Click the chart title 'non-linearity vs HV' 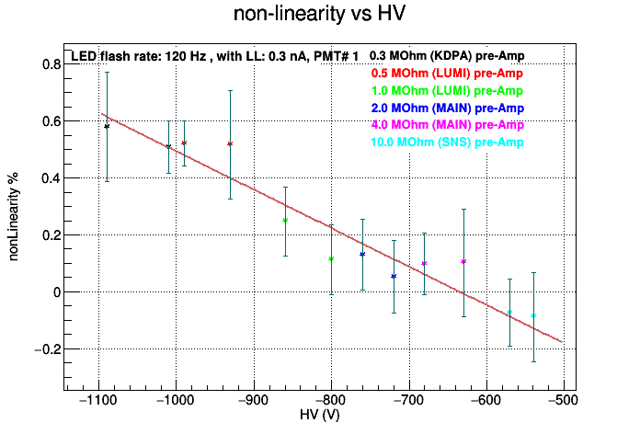(x=319, y=14)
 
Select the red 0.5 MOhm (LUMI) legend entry (x=447, y=74)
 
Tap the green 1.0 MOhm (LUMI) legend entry (x=447, y=91)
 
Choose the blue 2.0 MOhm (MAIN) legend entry (x=447, y=108)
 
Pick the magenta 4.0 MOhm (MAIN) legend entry (x=447, y=125)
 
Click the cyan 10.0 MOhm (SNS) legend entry (x=447, y=143)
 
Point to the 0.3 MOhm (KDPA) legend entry (x=447, y=56)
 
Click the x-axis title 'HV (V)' (x=320, y=416)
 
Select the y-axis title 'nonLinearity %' (x=13, y=217)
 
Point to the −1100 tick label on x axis (x=98, y=400)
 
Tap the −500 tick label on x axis (x=564, y=400)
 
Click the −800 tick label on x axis (x=331, y=400)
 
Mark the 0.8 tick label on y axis (x=51, y=64)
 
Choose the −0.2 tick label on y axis (x=47, y=349)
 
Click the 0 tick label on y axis (x=57, y=292)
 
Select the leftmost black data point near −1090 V (x=107, y=127)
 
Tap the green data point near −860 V (x=285, y=221)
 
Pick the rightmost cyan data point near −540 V (x=533, y=315)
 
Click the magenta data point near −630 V (x=463, y=262)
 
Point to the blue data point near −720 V (x=394, y=277)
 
